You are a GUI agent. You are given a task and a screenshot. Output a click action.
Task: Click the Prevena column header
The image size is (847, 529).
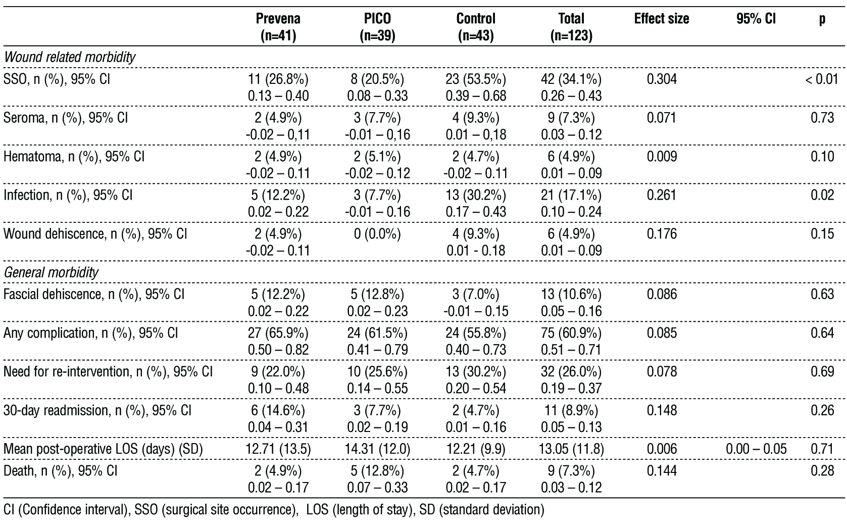(278, 27)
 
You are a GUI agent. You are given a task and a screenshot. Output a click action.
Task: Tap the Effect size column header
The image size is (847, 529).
(661, 19)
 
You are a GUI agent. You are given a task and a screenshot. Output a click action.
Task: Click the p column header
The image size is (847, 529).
(822, 19)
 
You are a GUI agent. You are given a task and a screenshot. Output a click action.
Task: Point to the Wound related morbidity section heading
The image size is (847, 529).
(70, 57)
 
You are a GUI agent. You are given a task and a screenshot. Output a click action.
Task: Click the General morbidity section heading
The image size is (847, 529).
(51, 273)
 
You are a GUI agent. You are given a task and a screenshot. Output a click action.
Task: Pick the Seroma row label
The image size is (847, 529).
(66, 118)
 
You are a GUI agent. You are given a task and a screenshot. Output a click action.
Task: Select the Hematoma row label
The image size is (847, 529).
(74, 157)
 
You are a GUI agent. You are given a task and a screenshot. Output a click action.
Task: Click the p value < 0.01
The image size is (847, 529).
(821, 79)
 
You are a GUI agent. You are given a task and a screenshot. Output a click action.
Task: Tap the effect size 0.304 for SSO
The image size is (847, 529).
(662, 79)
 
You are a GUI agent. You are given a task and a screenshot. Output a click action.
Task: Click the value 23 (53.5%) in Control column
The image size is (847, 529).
(476, 79)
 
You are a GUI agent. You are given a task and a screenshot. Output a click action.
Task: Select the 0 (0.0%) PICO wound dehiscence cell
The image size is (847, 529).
(377, 234)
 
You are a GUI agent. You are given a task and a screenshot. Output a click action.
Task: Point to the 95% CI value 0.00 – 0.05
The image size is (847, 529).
(756, 449)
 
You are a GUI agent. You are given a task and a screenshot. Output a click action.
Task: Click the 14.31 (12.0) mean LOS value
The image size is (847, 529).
(377, 449)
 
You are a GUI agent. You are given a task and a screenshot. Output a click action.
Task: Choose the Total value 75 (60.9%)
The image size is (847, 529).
(571, 333)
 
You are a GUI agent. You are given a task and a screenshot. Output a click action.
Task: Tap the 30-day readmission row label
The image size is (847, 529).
(97, 410)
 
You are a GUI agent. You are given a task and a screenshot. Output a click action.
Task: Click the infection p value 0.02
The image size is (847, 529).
(822, 195)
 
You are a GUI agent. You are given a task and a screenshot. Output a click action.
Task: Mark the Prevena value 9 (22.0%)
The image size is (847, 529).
(278, 371)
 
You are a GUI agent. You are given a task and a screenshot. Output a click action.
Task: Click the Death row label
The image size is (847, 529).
(61, 470)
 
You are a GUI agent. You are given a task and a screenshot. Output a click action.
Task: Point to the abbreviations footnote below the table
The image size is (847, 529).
(273, 509)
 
